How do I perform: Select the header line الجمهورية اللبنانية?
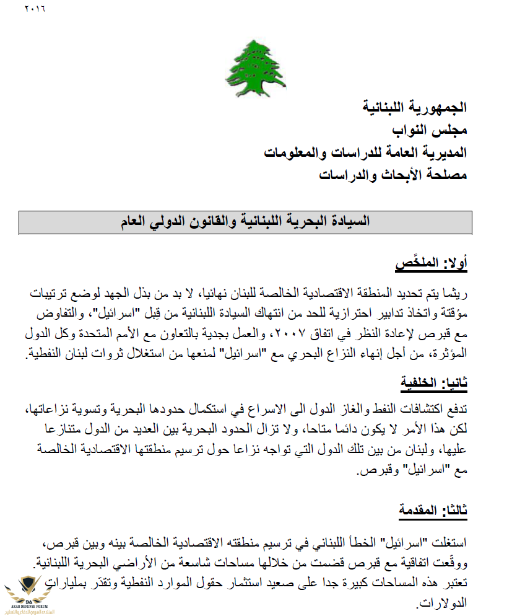tap(414, 107)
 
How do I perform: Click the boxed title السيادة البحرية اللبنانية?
tap(245, 222)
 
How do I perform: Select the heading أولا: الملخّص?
tap(431, 264)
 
